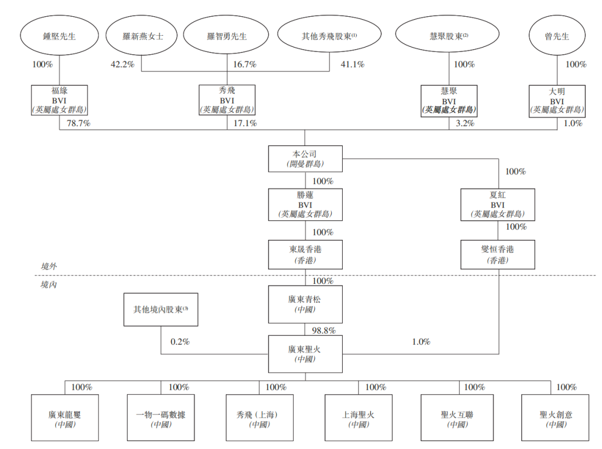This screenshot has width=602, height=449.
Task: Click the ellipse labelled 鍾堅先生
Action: [59, 36]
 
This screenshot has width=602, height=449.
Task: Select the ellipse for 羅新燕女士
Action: [143, 36]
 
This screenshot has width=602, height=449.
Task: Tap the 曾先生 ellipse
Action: [557, 36]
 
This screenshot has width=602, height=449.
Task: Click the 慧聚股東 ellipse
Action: [449, 36]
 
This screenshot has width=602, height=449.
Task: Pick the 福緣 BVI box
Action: [59, 100]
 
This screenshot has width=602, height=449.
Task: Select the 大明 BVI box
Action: [557, 100]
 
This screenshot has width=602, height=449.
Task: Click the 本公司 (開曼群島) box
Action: [304, 158]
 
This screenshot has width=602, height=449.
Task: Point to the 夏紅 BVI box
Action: [498, 204]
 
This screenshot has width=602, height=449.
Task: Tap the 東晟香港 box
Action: [304, 254]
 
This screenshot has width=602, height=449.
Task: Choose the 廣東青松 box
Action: [304, 305]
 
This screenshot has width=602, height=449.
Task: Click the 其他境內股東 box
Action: [161, 311]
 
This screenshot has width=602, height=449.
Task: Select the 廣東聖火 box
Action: [304, 354]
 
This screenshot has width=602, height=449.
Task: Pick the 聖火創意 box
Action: [556, 418]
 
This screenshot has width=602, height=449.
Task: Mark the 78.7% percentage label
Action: [79, 123]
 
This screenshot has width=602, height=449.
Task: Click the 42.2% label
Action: [122, 65]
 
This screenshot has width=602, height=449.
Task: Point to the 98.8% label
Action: [323, 330]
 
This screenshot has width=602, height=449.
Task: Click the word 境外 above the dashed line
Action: [49, 267]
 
